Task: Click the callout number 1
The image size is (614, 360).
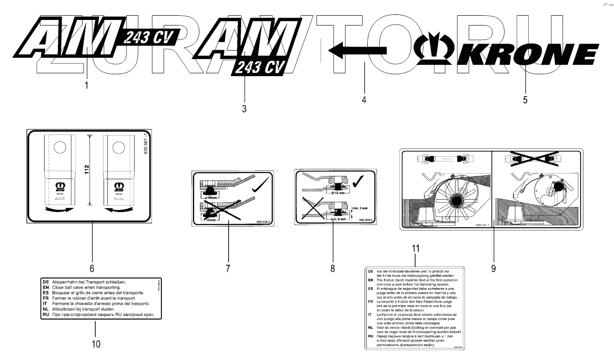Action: pos(87,85)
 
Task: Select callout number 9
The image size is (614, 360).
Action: pos(493,268)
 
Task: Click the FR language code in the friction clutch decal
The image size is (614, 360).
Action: pos(370,302)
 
